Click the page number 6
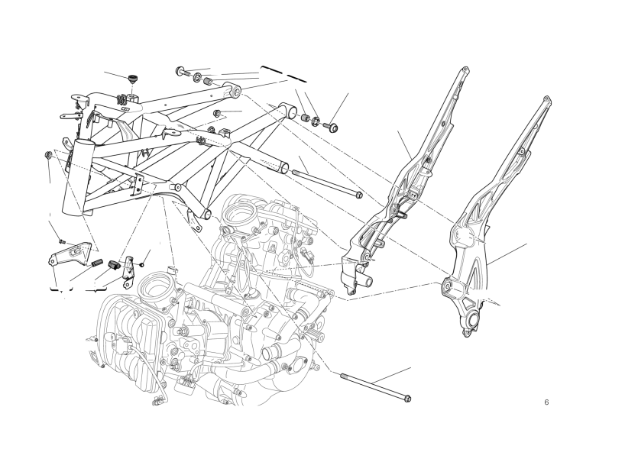pyautogui.click(x=546, y=402)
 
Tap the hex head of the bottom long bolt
pyautogui.click(x=408, y=399)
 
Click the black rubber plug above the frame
pyautogui.click(x=132, y=78)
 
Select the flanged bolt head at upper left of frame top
pyautogui.click(x=180, y=71)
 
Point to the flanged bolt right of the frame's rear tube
pyautogui.click(x=332, y=128)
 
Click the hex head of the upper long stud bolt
pyautogui.click(x=359, y=195)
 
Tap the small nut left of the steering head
pyautogui.click(x=47, y=155)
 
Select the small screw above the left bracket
pyautogui.click(x=62, y=241)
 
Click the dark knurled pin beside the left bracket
pyautogui.click(x=97, y=263)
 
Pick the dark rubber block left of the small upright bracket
pyautogui.click(x=114, y=264)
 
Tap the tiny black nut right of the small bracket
pyautogui.click(x=141, y=265)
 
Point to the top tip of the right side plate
pyautogui.click(x=547, y=99)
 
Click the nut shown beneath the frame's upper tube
pyautogui.click(x=217, y=113)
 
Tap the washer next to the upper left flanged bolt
pyautogui.click(x=197, y=76)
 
